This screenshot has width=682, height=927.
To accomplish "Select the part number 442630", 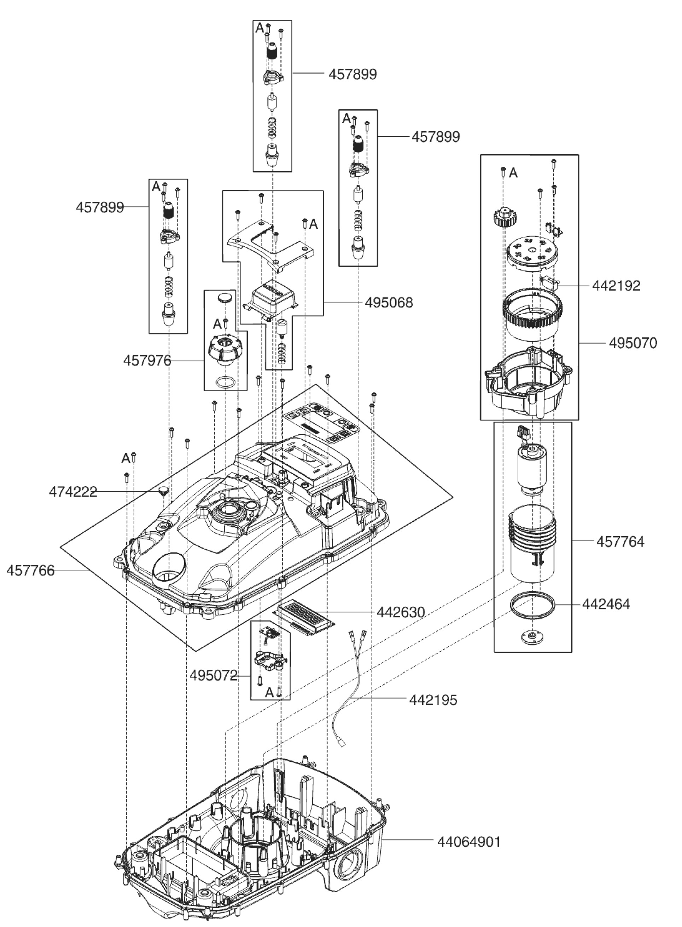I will coord(401,612).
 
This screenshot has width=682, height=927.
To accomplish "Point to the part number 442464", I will coord(606,604).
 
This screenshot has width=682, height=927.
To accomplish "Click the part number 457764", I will coord(620,542).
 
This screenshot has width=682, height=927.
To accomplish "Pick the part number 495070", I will coord(633,343).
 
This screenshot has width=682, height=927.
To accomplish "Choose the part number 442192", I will coord(616,286).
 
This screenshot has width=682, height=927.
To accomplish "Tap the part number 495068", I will coord(389,303).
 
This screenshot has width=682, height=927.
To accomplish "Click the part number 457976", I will coord(147,361).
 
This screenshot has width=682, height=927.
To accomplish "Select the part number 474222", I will coord(73,492).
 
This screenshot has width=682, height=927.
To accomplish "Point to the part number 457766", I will coord(30,571).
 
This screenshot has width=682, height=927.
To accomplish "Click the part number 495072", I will coord(214,676).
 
